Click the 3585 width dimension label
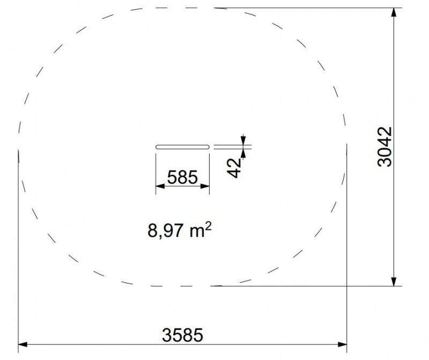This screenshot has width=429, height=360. tap(182, 335)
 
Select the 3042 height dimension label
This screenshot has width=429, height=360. tap(384, 146)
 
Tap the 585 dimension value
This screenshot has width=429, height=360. tap(182, 177)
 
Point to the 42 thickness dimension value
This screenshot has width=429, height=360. tap(234, 168)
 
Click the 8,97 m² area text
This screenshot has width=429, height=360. tap(180, 230)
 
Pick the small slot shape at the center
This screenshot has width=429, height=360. tap(182, 147)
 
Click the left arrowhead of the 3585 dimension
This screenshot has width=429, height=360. tap(23, 344)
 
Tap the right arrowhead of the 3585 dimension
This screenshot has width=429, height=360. tap(342, 344)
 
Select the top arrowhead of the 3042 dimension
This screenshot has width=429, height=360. tap(394, 12)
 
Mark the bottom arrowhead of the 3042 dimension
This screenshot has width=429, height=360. tap(394, 282)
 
